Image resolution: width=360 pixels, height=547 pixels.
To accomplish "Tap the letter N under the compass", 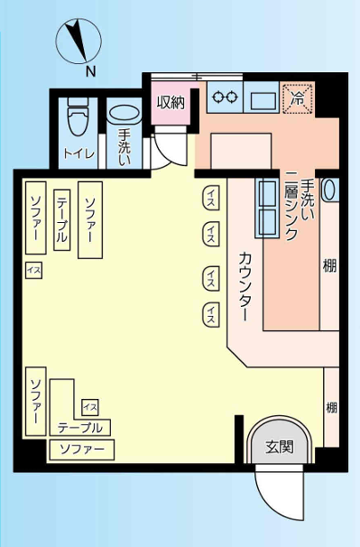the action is pos(91,71).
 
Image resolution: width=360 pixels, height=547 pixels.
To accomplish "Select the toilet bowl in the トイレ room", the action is pos(78,116).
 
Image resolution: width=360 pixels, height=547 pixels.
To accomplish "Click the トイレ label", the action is pos(78,153).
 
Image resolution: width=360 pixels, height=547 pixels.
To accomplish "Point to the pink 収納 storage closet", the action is pos(171,103).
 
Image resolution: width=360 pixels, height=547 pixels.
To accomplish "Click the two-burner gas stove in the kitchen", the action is pos(225,97).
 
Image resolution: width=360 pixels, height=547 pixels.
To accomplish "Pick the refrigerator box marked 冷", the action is pos(298,98).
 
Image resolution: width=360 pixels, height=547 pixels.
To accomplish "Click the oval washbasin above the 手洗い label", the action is pos(125,114).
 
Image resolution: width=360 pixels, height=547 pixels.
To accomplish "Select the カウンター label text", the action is pos(245,287).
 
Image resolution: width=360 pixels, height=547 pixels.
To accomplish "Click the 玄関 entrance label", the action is pos(280,447).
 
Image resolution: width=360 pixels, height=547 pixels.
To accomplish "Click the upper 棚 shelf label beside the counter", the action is pos(329,266).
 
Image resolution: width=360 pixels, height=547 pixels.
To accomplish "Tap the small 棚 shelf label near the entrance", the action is pos(331,407).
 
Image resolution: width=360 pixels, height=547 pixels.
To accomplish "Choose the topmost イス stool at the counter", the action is pos(211,198).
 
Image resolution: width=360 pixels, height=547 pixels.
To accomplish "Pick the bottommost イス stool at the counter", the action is pos(211,315).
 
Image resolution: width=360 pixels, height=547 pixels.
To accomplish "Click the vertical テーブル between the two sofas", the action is pos(62,219).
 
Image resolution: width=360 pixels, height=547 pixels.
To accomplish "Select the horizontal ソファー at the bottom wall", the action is pos(82,450).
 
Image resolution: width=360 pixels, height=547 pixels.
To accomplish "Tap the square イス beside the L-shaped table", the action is pos(90,407).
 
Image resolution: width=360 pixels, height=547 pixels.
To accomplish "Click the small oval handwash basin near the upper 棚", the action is pos(329,190).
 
